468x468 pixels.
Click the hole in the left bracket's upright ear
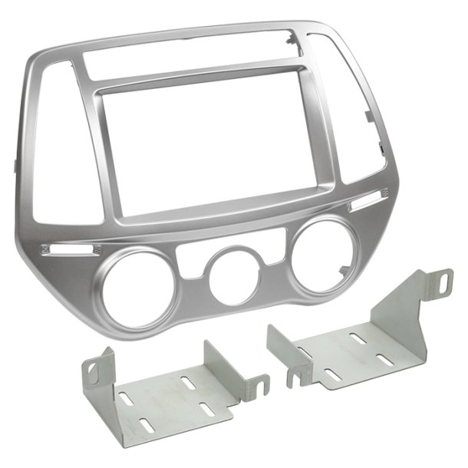94,371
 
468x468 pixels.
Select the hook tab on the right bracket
292,377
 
